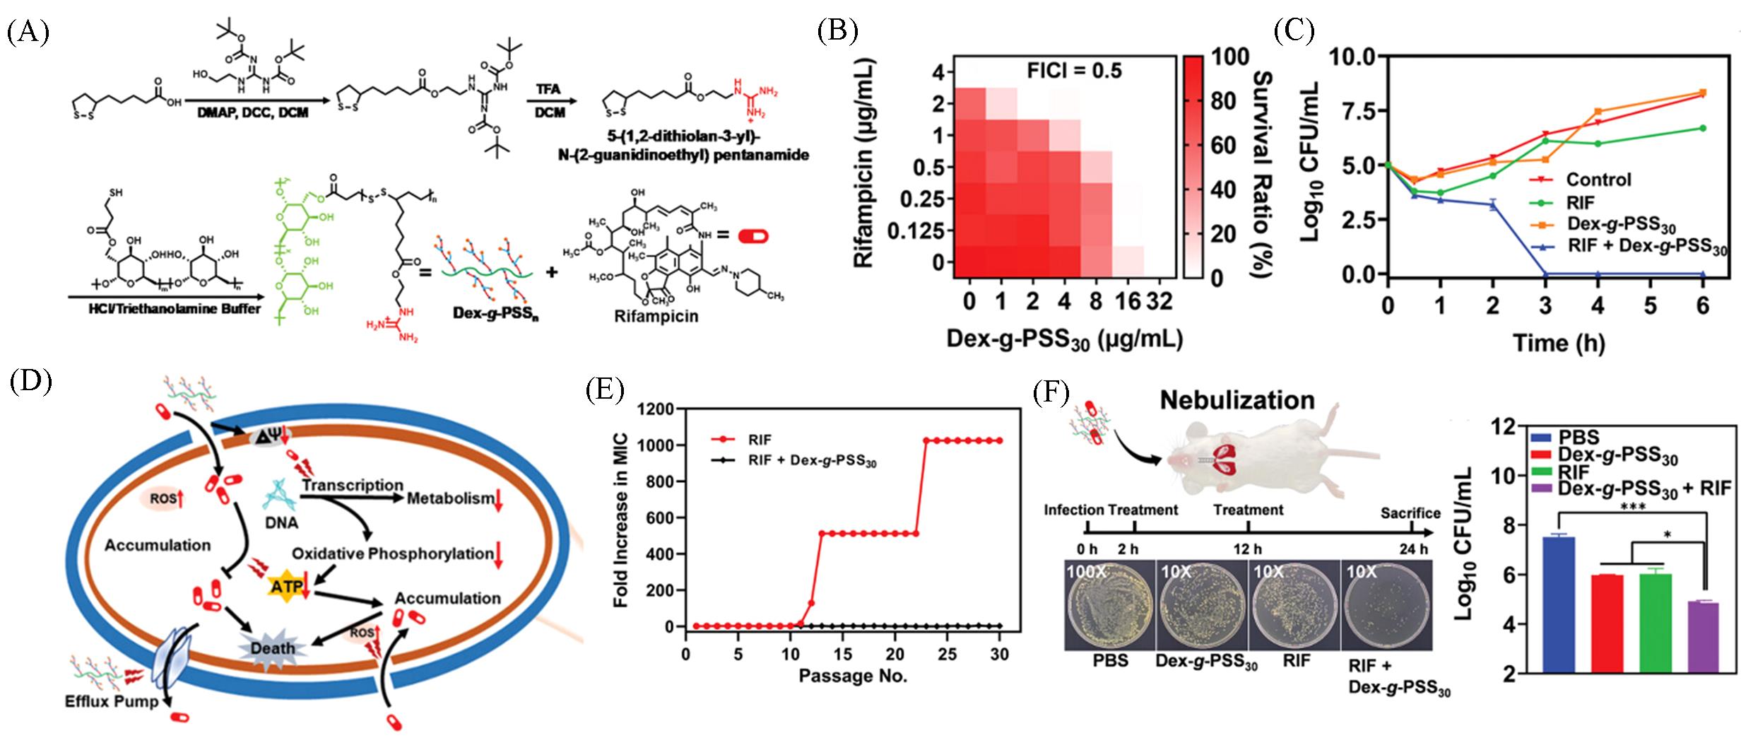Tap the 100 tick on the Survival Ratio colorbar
coord(1230,57)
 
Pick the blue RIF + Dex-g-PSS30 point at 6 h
coord(1702,274)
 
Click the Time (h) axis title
coord(1558,344)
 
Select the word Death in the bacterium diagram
coord(274,648)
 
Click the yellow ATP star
coord(287,587)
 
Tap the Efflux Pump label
coord(112,702)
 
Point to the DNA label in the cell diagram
coord(281,523)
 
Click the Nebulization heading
coord(1237,400)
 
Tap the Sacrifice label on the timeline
coord(1410,512)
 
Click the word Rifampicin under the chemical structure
coord(656,316)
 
